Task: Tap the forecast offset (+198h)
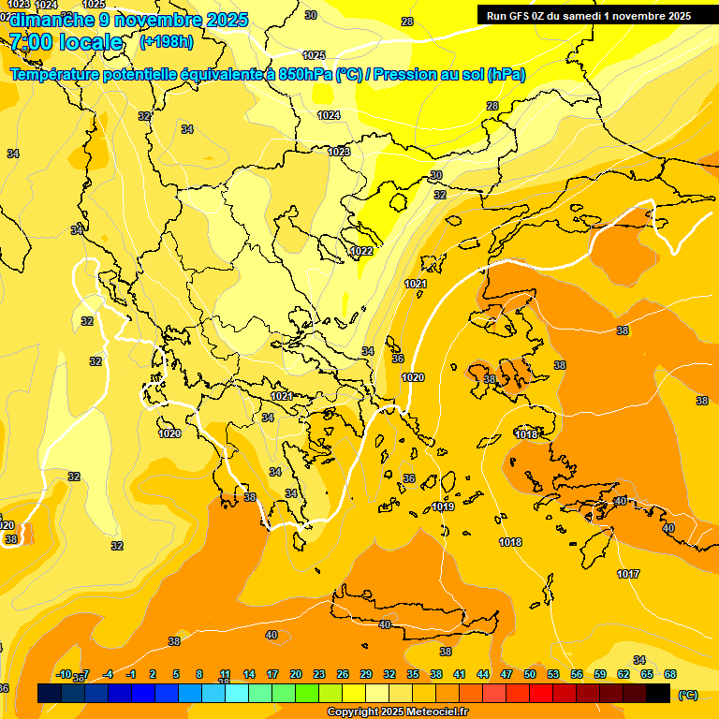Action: click(166, 42)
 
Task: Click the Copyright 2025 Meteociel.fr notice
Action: click(397, 712)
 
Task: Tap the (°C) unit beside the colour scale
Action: click(687, 695)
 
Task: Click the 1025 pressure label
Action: click(314, 55)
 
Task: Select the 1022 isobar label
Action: click(361, 251)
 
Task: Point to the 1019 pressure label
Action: click(443, 506)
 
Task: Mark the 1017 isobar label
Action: click(628, 574)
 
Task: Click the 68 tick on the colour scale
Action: click(670, 674)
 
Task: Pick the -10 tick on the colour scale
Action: click(64, 674)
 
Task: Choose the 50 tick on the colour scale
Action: click(530, 674)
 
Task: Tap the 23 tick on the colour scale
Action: click(318, 674)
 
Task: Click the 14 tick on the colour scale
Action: click(249, 674)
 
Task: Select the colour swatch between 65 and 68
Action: click(658, 693)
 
